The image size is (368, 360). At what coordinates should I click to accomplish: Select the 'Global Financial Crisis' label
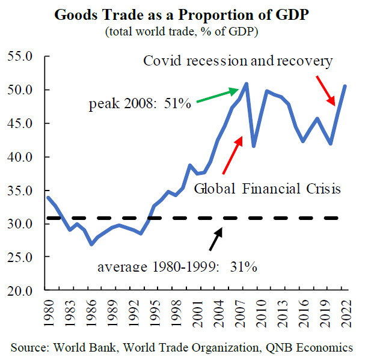(x=268, y=189)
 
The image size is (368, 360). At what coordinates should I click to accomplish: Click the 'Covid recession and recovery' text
(x=238, y=61)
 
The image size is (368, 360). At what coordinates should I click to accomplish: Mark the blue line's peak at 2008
(x=247, y=84)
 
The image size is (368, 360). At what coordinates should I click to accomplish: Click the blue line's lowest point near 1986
(x=91, y=244)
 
